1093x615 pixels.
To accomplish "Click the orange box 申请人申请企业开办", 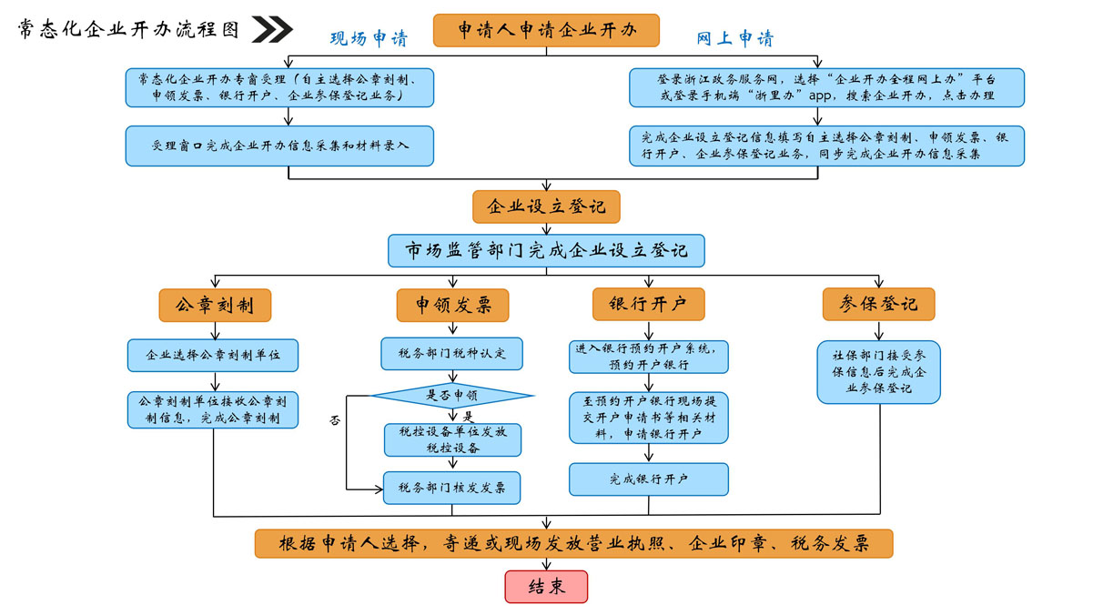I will (x=546, y=30).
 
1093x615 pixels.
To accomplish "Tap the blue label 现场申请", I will (x=369, y=39).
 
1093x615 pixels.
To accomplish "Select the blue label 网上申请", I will (x=734, y=39).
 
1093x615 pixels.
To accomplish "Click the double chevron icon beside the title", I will (x=271, y=30).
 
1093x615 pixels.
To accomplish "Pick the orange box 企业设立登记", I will (x=546, y=207).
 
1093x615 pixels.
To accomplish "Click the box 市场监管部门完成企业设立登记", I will (x=546, y=250).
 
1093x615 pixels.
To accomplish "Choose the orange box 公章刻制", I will (x=215, y=305).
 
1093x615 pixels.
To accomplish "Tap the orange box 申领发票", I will (x=452, y=305).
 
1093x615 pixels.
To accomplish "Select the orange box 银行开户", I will (x=649, y=305).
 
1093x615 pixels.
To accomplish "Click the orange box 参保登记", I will (x=878, y=305).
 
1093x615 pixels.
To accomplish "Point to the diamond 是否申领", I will (x=452, y=396).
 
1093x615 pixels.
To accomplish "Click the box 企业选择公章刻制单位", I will (x=214, y=355).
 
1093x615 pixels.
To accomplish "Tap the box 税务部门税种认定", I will (x=452, y=353).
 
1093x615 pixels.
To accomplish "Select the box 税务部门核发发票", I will (x=452, y=488).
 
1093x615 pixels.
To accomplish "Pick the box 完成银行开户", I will (x=649, y=479).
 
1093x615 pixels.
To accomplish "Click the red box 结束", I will (x=546, y=587).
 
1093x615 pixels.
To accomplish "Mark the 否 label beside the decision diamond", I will (x=335, y=421).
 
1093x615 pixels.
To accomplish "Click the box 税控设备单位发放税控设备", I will (x=452, y=440).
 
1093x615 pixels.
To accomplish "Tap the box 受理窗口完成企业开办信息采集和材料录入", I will (x=280, y=146).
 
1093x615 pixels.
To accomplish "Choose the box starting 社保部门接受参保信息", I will (x=878, y=372).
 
